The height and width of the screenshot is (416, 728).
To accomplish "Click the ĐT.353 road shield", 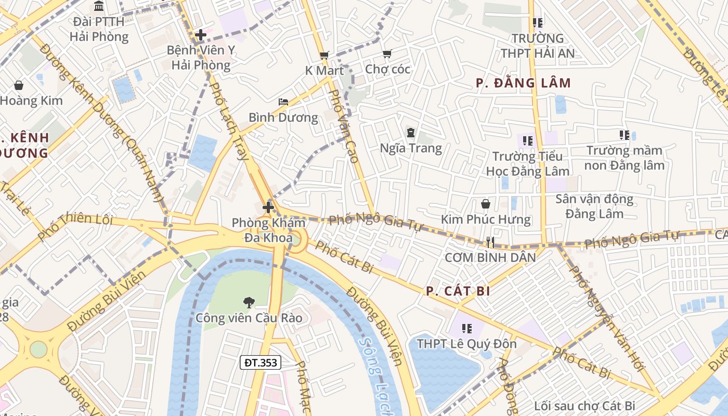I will (261, 362).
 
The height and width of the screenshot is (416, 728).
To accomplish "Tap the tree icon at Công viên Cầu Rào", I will (249, 302).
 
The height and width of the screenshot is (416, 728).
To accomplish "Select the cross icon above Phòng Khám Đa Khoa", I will (268, 207).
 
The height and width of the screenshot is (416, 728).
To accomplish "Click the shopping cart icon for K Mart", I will (324, 55).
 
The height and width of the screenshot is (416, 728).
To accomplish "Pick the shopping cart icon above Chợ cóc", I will (387, 54).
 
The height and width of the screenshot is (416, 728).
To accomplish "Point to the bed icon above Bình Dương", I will (283, 101).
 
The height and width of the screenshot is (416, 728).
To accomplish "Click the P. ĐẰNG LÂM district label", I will (523, 83).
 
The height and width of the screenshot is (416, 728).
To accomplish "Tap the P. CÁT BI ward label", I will (458, 291).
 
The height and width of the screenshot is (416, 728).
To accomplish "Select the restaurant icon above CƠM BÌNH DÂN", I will (489, 242).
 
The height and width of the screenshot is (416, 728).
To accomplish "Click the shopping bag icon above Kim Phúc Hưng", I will (486, 203).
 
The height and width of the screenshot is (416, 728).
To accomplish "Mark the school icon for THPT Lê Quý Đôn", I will (466, 328).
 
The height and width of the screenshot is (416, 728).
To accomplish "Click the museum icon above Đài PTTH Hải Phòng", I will (99, 6).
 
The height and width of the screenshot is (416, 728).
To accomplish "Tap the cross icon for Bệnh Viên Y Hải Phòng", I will (201, 35).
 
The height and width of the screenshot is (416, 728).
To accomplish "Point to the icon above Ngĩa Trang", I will (411, 133).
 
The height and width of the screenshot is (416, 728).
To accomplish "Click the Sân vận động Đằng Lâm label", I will (594, 206).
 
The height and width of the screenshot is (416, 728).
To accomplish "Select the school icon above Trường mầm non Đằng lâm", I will (625, 135).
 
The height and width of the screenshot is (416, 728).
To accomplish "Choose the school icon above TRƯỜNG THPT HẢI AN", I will (538, 22).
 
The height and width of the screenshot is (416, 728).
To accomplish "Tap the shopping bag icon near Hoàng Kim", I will (19, 85).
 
